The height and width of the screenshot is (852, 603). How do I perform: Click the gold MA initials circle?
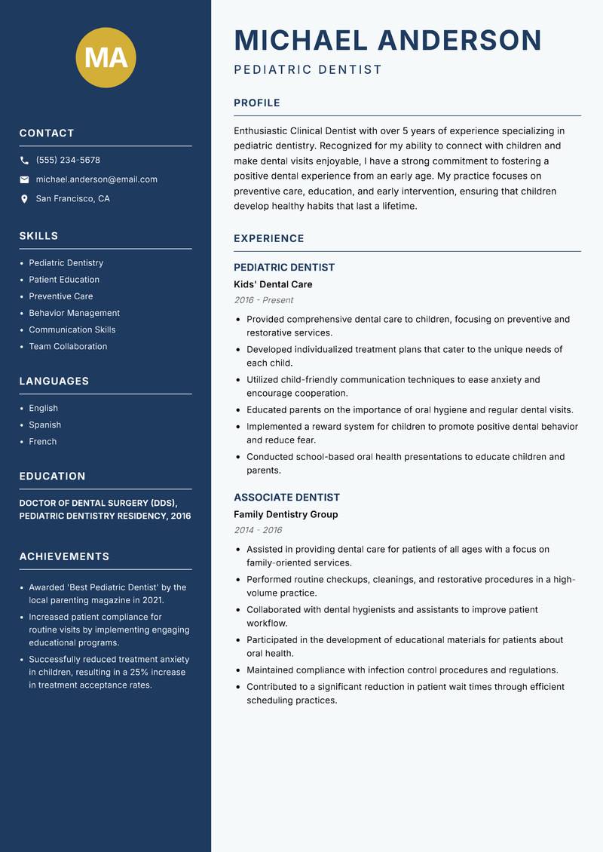click(106, 57)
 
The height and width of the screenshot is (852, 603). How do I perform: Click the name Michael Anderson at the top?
click(387, 40)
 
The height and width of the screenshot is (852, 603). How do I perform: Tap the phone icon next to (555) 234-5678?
click(24, 161)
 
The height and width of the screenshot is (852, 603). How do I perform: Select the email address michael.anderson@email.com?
click(96, 179)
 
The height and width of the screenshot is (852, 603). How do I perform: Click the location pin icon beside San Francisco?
click(24, 199)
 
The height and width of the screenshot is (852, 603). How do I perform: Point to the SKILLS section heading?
click(38, 236)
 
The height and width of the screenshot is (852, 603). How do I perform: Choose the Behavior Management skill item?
click(74, 313)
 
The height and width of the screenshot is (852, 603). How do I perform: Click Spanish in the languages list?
click(44, 424)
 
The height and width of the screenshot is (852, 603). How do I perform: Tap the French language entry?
click(42, 441)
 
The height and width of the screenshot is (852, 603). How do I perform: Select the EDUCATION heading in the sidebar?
click(52, 477)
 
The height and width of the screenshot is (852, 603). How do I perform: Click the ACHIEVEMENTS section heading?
click(64, 556)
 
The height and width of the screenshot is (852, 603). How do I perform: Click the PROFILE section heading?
click(256, 103)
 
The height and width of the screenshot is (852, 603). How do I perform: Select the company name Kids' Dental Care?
click(273, 284)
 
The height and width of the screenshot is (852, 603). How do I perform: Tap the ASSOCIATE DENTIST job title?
click(286, 498)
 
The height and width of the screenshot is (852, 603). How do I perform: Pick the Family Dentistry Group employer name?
click(286, 514)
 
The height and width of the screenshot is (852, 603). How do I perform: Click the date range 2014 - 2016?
click(258, 530)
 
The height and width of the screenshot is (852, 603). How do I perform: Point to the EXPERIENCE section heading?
click(268, 238)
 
